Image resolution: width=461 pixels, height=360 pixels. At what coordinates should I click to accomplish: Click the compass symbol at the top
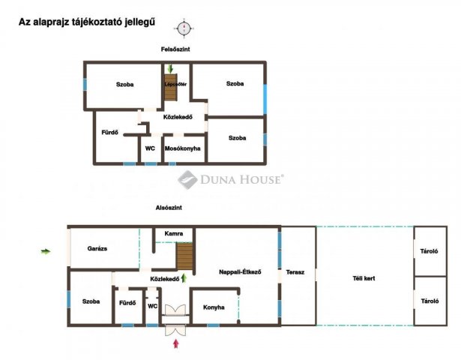click(184, 28)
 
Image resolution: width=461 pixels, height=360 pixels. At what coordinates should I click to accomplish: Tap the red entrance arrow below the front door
click(176, 343)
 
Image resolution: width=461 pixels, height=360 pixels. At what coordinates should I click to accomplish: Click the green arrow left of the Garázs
click(46, 251)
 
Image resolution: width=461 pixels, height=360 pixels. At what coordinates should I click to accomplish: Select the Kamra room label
click(174, 233)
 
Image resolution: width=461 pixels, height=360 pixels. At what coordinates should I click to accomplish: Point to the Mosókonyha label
click(183, 148)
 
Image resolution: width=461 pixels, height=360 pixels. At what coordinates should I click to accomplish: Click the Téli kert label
click(364, 278)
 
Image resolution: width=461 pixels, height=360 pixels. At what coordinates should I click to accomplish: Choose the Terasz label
click(295, 272)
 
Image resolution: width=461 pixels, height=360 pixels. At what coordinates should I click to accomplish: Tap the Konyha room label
click(214, 307)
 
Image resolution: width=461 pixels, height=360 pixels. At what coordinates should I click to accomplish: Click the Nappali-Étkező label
click(240, 272)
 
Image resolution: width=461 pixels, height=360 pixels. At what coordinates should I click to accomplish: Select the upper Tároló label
click(429, 251)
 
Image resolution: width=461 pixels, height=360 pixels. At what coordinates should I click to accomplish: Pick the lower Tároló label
click(430, 301)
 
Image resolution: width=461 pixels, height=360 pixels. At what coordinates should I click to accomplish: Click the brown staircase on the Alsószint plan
click(184, 256)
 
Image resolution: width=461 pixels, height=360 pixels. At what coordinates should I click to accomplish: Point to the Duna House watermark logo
click(230, 179)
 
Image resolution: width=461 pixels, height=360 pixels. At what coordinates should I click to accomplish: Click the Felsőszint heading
click(175, 49)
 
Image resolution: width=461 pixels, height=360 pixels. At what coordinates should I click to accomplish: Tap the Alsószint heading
click(169, 208)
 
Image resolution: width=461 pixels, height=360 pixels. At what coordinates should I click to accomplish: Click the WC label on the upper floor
click(150, 148)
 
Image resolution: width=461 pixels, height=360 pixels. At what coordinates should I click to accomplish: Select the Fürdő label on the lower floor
click(127, 303)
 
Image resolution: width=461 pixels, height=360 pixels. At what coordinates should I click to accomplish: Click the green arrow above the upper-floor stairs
click(170, 69)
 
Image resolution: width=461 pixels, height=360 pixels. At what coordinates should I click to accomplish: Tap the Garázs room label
click(97, 249)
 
